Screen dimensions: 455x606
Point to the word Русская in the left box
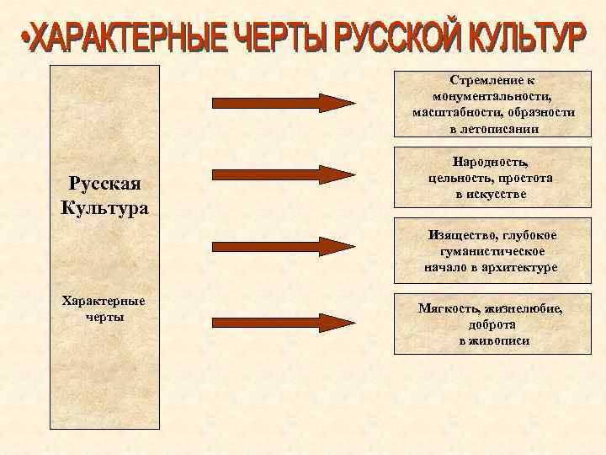[104, 184]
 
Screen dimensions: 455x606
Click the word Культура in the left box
[104, 206]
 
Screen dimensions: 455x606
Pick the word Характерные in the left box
[104, 301]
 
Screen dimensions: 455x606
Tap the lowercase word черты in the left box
[104, 317]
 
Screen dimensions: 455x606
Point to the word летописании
[500, 129]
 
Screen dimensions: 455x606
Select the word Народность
[491, 162]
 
